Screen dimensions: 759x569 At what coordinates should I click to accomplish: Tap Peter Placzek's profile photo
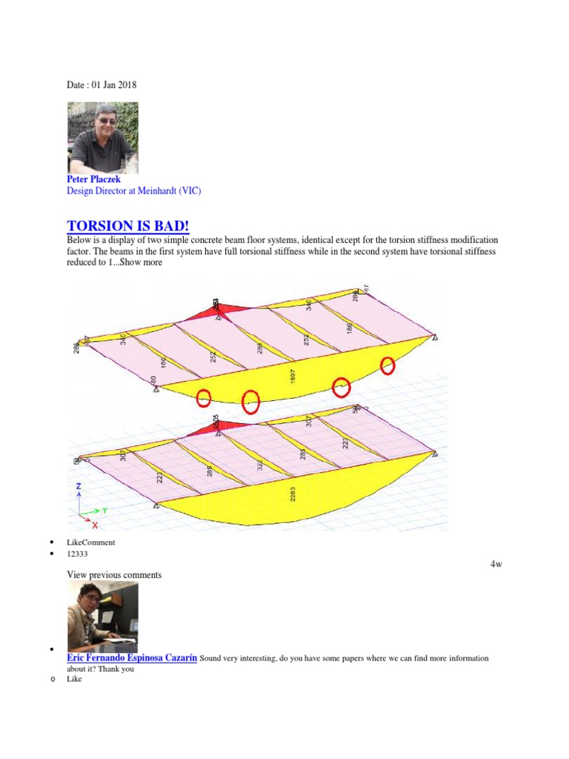click(x=102, y=138)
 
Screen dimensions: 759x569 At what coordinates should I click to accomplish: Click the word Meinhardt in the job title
click(x=156, y=191)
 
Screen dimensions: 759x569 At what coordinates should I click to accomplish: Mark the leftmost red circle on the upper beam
click(x=204, y=399)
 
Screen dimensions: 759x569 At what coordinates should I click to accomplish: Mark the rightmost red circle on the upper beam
click(x=387, y=365)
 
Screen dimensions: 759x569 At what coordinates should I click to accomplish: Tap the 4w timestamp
click(x=496, y=565)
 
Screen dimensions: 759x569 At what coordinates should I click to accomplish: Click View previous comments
click(x=114, y=575)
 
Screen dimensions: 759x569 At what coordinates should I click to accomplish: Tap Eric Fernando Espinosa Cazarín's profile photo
click(x=102, y=617)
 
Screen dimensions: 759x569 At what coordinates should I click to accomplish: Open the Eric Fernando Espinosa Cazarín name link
click(x=132, y=658)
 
